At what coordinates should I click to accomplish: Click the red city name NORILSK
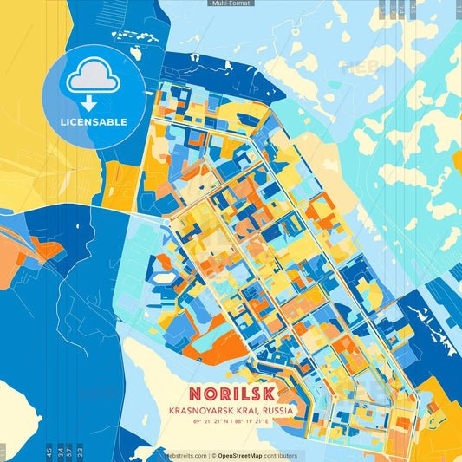click(x=231, y=391)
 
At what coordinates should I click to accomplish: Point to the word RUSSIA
click(x=277, y=409)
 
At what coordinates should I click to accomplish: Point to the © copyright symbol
click(x=212, y=455)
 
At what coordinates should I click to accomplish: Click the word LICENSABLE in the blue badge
click(x=94, y=121)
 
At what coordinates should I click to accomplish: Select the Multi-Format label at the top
click(x=230, y=3)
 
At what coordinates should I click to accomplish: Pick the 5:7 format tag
click(x=69, y=451)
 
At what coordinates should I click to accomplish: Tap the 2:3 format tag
click(x=81, y=451)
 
